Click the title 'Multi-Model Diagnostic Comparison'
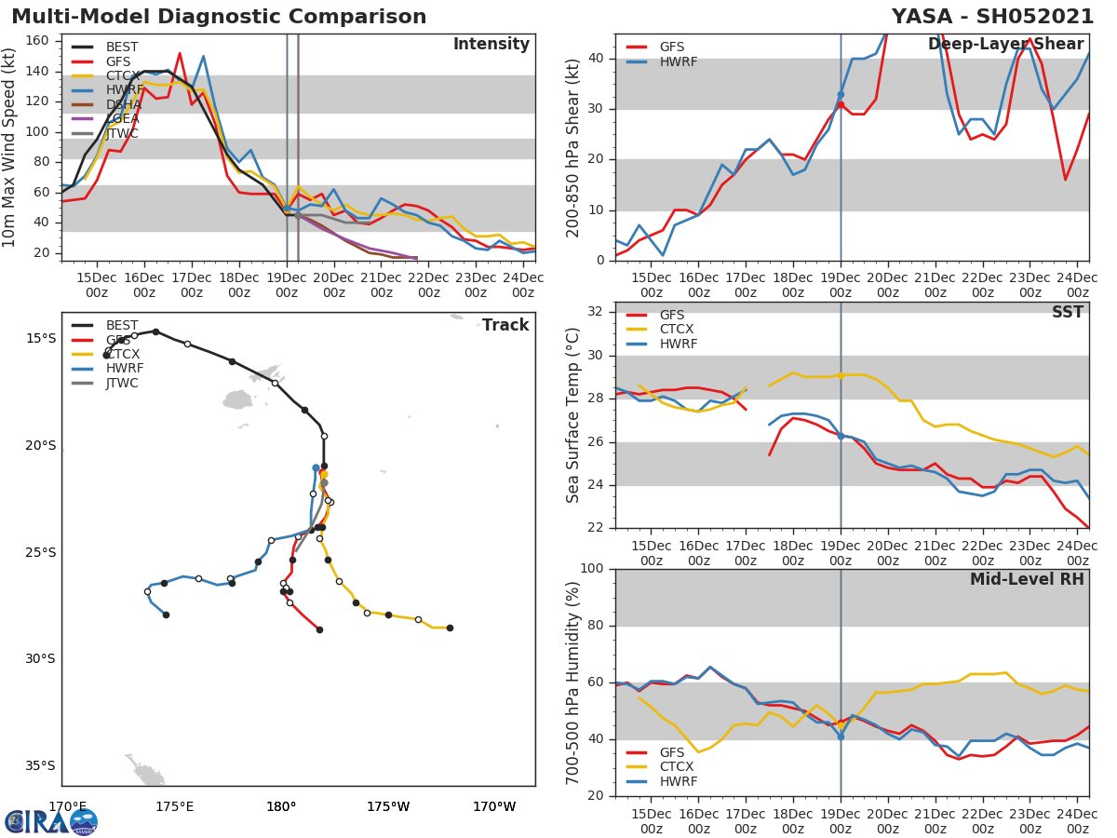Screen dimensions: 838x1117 (x=219, y=17)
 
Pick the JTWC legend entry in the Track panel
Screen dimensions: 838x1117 (x=122, y=383)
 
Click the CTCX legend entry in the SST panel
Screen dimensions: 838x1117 (x=677, y=330)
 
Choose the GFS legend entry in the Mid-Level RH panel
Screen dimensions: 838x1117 (x=677, y=752)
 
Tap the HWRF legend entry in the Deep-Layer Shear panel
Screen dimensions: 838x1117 (x=678, y=62)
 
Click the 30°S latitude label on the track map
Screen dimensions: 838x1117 (x=40, y=659)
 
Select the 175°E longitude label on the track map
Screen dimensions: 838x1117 (x=174, y=806)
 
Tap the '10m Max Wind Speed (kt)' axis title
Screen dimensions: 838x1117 (x=10, y=149)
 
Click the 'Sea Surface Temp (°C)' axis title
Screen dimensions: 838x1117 (x=574, y=415)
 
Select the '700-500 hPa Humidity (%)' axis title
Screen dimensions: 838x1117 (x=574, y=683)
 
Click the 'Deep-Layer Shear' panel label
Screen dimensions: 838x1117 (x=1005, y=45)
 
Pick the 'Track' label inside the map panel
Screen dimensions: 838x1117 (x=505, y=325)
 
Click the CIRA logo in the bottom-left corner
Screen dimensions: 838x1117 (x=51, y=821)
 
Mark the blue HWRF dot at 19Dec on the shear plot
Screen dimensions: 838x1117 (x=841, y=95)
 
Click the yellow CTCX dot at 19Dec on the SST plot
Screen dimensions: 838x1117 (x=841, y=375)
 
